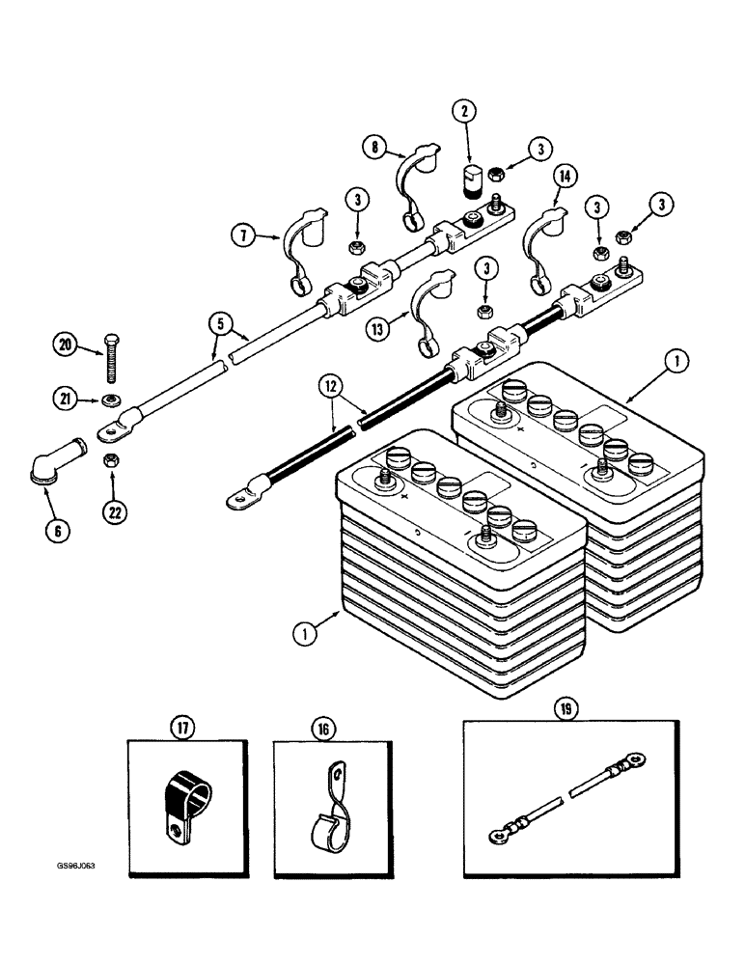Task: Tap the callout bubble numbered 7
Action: point(244,234)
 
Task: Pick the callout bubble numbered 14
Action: point(565,177)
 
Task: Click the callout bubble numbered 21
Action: point(65,399)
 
